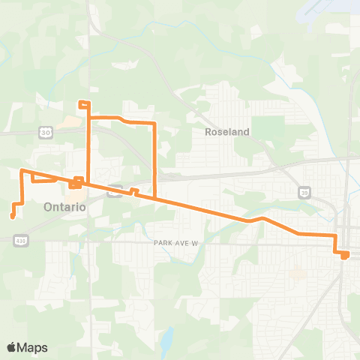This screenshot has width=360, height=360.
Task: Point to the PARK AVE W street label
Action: tap(175, 243)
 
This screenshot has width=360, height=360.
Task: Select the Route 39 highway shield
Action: tap(303, 191)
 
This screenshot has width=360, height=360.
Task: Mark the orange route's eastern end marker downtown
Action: tap(344, 256)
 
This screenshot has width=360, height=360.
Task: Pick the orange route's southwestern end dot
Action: tap(13, 217)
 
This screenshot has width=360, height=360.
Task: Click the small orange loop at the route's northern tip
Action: tap(84, 103)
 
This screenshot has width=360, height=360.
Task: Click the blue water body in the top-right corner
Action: tap(330, 9)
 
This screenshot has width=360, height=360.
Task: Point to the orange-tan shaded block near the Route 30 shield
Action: tap(72, 121)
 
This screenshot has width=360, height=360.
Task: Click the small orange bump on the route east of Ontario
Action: tap(134, 190)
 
